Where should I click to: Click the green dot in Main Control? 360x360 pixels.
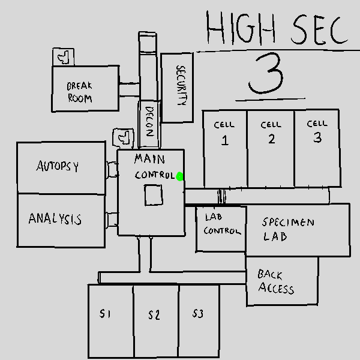(180, 176)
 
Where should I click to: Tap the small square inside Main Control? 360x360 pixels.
(153, 196)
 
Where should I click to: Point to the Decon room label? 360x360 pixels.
(149, 122)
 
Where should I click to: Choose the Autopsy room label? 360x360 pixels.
(58, 166)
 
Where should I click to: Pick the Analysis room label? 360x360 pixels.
(55, 219)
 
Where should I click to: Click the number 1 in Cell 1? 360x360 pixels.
(225, 141)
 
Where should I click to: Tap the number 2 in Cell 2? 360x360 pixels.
(271, 139)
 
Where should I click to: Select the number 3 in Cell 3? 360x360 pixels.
(317, 137)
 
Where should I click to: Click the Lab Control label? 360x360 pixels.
(221, 223)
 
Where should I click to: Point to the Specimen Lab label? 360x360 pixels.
(288, 229)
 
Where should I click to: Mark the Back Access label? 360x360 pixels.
(276, 282)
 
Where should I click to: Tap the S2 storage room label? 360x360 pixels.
(154, 314)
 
